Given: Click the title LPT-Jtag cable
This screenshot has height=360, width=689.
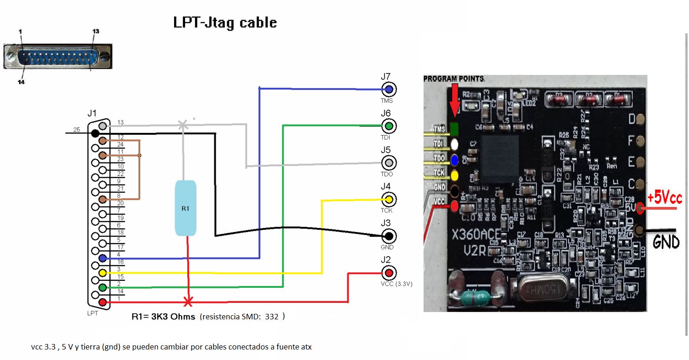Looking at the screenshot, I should [225, 22].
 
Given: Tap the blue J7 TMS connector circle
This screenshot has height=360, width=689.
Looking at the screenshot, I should [389, 89].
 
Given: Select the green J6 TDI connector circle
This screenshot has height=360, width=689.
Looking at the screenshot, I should [389, 126].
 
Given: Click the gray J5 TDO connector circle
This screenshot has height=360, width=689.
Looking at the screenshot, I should [389, 163].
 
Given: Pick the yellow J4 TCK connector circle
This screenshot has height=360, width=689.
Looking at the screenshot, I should [389, 199].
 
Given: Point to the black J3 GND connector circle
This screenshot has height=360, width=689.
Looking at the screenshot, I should [389, 236].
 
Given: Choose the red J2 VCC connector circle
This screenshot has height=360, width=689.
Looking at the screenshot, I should [389, 273].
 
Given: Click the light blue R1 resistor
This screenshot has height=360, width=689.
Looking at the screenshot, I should [185, 208].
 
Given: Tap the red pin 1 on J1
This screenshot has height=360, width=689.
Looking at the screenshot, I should [103, 302].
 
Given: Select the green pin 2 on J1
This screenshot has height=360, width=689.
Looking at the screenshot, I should [103, 287].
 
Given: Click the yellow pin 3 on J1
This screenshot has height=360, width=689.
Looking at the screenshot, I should [103, 273].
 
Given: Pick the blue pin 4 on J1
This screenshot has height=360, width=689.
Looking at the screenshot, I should [103, 258].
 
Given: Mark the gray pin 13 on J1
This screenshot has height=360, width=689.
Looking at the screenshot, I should [103, 126].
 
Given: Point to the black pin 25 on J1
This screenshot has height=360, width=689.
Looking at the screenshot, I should [95, 133].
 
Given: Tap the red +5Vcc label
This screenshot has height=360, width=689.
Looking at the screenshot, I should [664, 198].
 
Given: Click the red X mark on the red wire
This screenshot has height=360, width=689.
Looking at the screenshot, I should [188, 302].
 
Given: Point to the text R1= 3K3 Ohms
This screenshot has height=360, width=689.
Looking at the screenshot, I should [163, 316].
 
